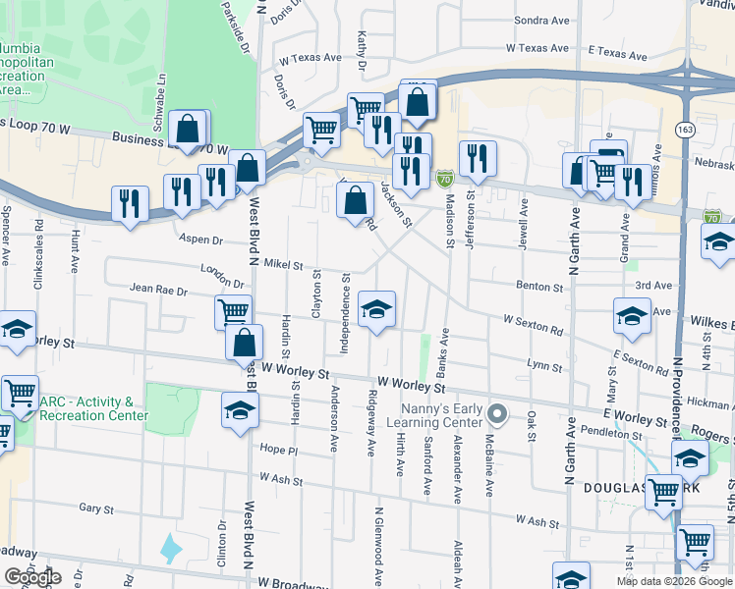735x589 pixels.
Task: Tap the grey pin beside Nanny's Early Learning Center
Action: (498, 414)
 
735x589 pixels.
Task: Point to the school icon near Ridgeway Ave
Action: (376, 311)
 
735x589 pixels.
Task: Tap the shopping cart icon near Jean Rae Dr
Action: (233, 313)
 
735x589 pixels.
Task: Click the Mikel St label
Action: (281, 265)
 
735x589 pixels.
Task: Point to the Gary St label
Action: (97, 509)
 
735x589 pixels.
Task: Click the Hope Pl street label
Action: (279, 449)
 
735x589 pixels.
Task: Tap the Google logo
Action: (32, 577)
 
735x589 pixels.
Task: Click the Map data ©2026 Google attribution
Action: (674, 581)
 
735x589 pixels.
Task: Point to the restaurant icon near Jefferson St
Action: (478, 159)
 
